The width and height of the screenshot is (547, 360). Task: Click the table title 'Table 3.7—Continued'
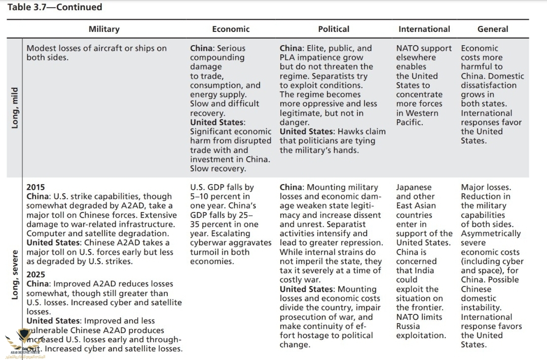coord(54,7)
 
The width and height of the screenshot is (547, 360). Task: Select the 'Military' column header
coord(104,29)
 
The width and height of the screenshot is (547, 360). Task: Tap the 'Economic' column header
coord(231,29)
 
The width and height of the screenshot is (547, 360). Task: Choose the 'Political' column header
coord(334,29)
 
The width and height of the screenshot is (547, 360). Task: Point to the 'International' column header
coord(424,29)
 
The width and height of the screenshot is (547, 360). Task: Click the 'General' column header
coord(492,29)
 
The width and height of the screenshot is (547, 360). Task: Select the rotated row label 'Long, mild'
coord(15,107)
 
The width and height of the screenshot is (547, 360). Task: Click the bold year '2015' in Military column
coord(35,187)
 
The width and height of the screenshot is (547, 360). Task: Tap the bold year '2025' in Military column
coord(35,275)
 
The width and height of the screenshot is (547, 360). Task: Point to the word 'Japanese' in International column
coord(414,187)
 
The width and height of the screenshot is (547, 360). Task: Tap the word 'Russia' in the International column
coord(408,326)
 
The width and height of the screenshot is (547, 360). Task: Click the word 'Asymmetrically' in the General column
coord(490,234)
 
